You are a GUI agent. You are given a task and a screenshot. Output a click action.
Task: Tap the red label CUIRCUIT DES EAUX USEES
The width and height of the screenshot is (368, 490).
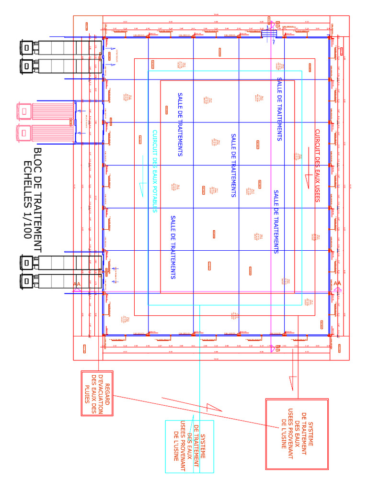(317, 166)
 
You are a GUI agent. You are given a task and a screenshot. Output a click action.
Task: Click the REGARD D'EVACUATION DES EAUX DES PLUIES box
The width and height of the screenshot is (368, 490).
(97, 393)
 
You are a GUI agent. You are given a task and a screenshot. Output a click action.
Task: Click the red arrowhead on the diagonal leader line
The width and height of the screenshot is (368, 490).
(213, 408)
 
